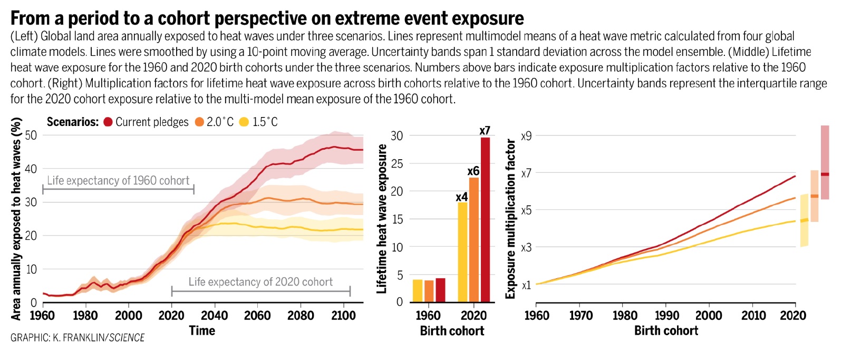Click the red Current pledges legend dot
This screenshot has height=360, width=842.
pyautogui.click(x=108, y=122)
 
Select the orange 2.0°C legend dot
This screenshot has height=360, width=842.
pyautogui.click(x=199, y=122)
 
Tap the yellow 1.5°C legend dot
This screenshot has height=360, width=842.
pyautogui.click(x=244, y=122)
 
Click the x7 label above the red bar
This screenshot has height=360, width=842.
pyautogui.click(x=485, y=130)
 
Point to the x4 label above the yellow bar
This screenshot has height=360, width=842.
pyautogui.click(x=461, y=197)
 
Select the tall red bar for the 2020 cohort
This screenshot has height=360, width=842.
pyautogui.click(x=485, y=219)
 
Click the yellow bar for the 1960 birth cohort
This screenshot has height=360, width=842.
pyautogui.click(x=418, y=290)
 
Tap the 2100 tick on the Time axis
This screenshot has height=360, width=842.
pyautogui.click(x=344, y=316)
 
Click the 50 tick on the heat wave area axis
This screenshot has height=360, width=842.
pyautogui.click(x=31, y=135)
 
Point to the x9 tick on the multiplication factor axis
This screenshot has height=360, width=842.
pyautogui.click(x=526, y=136)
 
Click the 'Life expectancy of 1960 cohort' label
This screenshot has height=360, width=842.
pyautogui.click(x=118, y=181)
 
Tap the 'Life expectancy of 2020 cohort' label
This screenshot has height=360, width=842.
pyautogui.click(x=260, y=282)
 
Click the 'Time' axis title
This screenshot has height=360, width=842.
pyautogui.click(x=202, y=331)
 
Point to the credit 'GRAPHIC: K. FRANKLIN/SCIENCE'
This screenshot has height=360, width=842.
pyautogui.click(x=78, y=338)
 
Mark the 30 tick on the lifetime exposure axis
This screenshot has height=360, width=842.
pyautogui.click(x=396, y=136)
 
